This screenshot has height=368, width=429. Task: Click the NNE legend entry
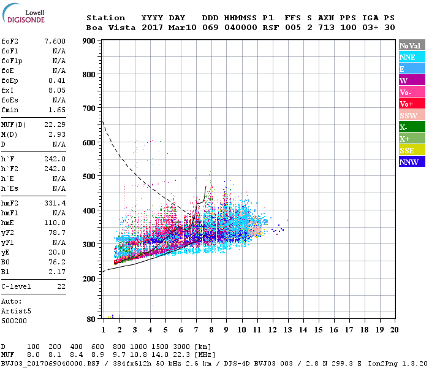click(x=411, y=57)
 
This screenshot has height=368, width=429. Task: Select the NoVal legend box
click(x=411, y=45)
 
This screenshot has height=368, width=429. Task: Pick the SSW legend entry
click(x=411, y=115)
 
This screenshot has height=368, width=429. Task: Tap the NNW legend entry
click(x=411, y=162)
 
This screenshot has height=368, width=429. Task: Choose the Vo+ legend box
click(x=411, y=104)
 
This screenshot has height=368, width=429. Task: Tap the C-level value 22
click(x=61, y=286)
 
